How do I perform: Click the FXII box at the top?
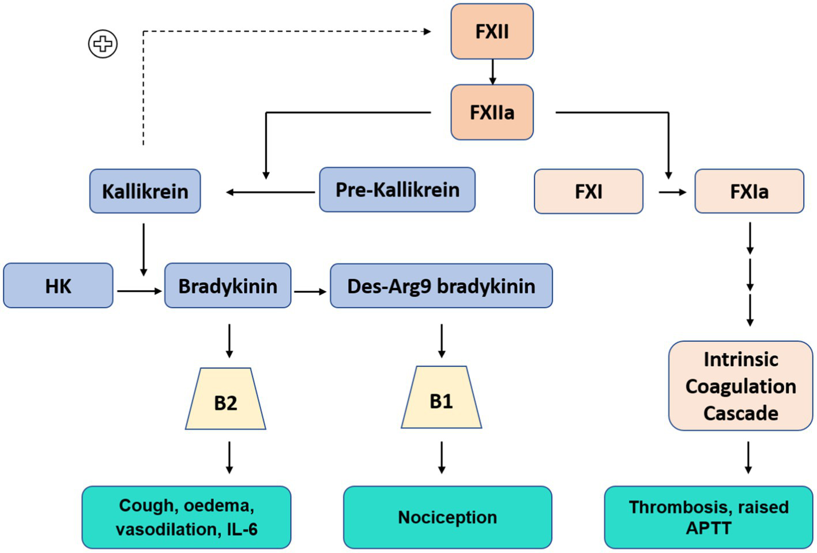pos(492,32)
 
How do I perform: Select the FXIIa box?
pos(492,112)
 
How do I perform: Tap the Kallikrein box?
pos(145,191)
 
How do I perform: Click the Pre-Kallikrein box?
pos(397,190)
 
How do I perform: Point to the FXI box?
pos(588,191)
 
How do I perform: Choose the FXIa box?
pos(749,191)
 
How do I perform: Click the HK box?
pos(58,286)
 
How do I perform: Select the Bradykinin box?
pos(228,286)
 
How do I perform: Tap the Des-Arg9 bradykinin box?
pos(441,286)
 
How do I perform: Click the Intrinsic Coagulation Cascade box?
pos(740,386)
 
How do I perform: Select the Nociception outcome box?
pos(447,517)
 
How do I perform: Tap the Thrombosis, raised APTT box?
pos(709,517)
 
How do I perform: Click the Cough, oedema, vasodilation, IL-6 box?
pos(186,517)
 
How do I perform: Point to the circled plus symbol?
pos(103,44)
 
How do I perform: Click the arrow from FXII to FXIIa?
pos(492,72)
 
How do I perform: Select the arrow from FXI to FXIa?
pos(672,192)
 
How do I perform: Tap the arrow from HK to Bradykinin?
pos(139,291)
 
